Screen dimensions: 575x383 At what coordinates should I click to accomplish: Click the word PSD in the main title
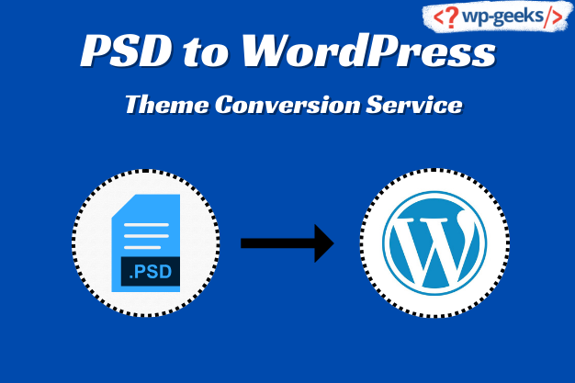click(x=126, y=51)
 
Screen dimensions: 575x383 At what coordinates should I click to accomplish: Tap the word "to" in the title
click(x=206, y=52)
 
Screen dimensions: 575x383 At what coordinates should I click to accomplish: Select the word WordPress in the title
click(x=368, y=51)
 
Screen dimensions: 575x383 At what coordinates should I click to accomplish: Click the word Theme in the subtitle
click(x=167, y=105)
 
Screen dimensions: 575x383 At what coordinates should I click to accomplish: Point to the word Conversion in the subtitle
click(x=287, y=105)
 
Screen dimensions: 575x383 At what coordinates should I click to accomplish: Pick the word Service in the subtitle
click(x=414, y=105)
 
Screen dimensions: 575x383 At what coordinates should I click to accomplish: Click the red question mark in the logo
click(x=452, y=17)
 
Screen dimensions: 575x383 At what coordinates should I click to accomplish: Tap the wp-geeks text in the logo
click(x=503, y=17)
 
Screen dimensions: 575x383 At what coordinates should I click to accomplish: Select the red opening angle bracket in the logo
click(x=438, y=17)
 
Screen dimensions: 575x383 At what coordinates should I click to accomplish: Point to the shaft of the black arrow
click(x=277, y=243)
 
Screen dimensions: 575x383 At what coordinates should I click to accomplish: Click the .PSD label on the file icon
click(x=151, y=272)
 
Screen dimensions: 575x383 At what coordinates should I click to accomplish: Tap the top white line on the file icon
click(x=146, y=224)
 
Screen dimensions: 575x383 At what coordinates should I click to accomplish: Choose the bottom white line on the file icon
click(x=142, y=247)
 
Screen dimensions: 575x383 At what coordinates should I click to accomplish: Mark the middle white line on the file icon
click(x=146, y=236)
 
